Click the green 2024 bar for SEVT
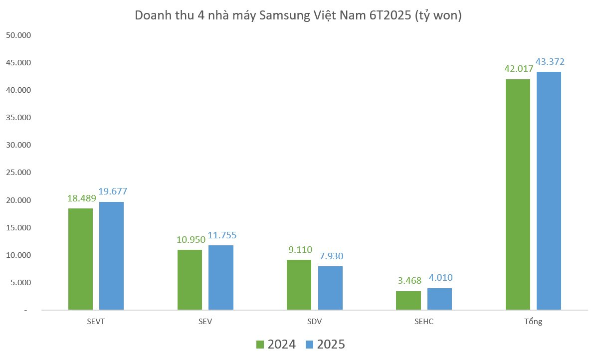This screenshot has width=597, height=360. coord(80,259)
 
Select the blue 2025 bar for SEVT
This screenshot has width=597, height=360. coord(111,256)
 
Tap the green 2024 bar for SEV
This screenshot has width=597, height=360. coord(190,280)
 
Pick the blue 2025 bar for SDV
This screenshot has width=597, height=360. coord(330,288)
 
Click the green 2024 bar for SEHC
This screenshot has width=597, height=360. coord(408,300)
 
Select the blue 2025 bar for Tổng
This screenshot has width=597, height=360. coord(549,190)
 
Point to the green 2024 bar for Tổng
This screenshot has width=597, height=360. coord(518,194)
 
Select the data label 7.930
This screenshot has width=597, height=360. coord(331,256)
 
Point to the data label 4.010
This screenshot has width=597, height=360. coord(440,278)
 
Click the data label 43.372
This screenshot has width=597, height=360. coord(550,62)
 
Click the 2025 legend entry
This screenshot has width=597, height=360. coord(325,345)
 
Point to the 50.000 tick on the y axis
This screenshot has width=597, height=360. coord(18,35)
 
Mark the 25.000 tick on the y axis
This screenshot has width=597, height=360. coord(18,173)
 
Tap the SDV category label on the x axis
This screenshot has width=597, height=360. coord(314,322)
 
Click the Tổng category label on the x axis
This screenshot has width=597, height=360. coord(533,322)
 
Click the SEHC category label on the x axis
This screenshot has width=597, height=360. coord(424,322)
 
